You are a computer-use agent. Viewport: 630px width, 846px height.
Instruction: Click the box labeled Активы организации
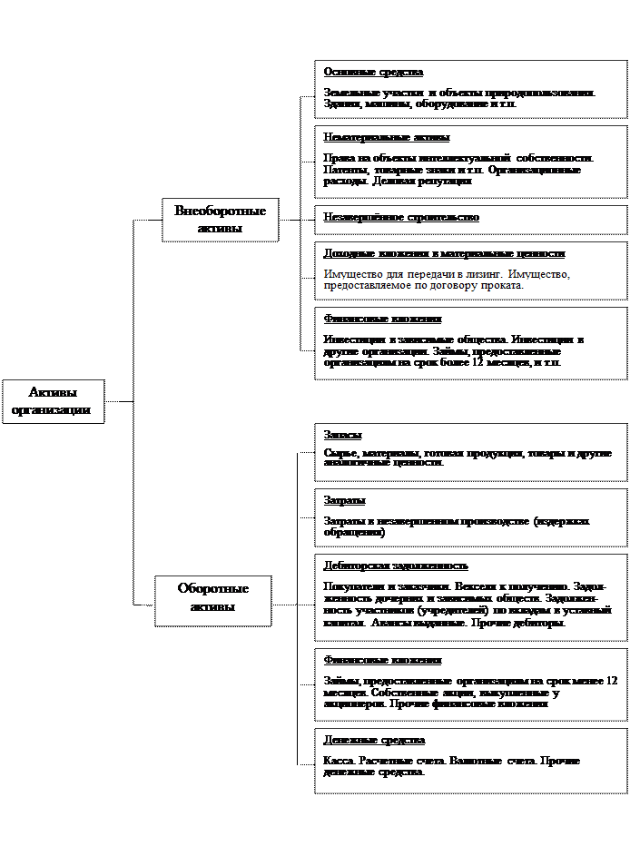(52, 401)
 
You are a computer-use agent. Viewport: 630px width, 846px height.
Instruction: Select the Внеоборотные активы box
(220, 220)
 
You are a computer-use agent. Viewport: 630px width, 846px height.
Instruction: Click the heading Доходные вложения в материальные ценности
(444, 253)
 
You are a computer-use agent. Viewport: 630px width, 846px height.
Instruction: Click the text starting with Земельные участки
(459, 93)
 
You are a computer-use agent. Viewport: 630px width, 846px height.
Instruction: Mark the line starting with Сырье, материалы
(468, 453)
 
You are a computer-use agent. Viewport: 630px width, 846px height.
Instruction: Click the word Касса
(338, 761)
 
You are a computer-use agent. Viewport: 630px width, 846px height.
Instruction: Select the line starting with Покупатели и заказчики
(467, 587)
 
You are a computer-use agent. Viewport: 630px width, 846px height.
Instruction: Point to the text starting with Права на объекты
(458, 159)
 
